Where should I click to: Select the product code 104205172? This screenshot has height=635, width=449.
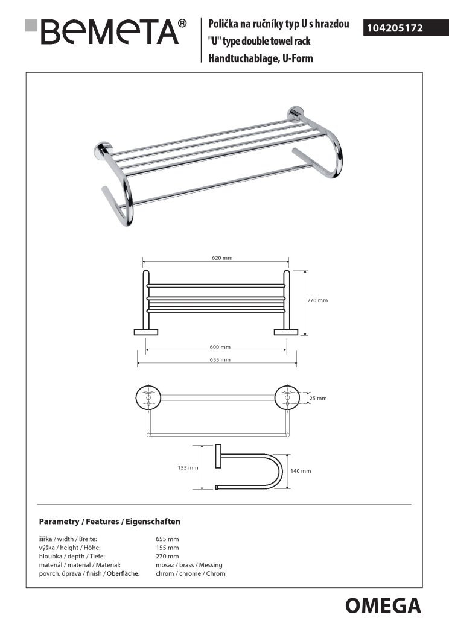[x=392, y=28]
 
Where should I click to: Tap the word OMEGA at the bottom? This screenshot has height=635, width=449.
[x=383, y=604]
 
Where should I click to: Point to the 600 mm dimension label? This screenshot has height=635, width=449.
[x=220, y=347]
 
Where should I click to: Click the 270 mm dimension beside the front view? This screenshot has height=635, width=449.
[x=318, y=300]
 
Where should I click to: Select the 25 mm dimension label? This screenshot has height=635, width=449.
[x=317, y=398]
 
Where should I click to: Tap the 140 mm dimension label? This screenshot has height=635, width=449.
[x=301, y=471]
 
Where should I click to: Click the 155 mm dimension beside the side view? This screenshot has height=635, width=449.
[x=189, y=467]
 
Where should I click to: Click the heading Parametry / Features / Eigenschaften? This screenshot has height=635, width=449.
[x=109, y=521]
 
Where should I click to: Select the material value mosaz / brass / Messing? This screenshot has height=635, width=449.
[x=189, y=565]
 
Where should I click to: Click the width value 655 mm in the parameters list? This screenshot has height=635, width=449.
[x=167, y=539]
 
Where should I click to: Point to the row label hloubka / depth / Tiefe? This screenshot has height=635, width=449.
[x=66, y=556]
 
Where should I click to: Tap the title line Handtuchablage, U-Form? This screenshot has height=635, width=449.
[x=260, y=59]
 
